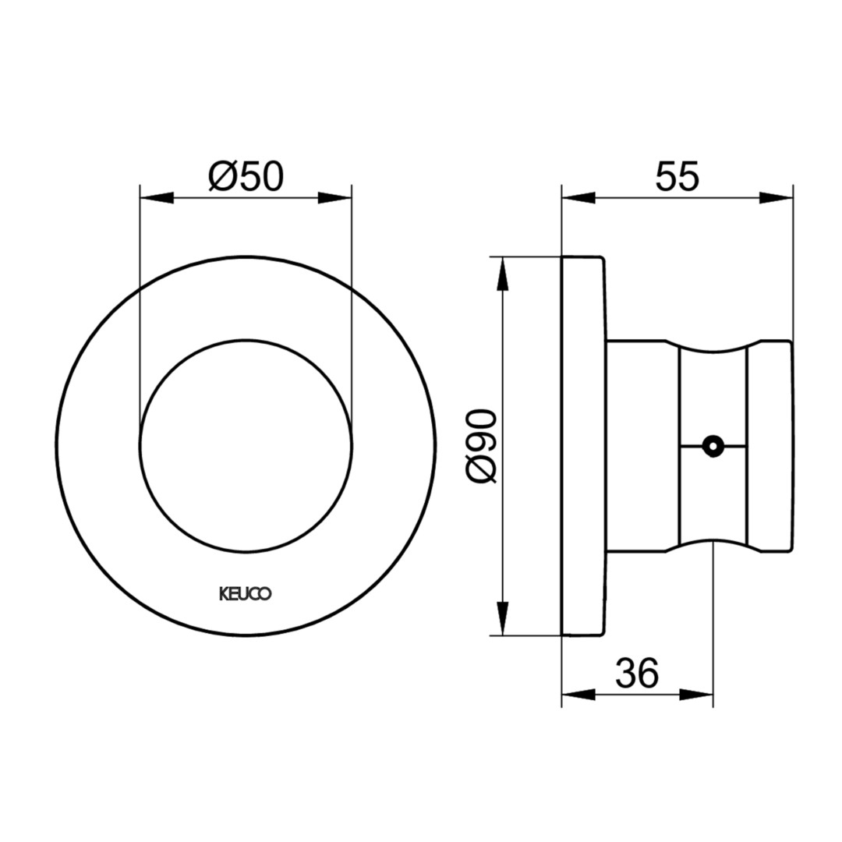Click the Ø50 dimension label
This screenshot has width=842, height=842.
tap(246, 176)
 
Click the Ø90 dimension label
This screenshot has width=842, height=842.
tap(481, 446)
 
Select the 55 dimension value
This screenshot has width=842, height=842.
tap(677, 176)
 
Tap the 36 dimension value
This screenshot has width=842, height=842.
tap(637, 673)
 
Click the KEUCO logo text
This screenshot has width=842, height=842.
tap(246, 594)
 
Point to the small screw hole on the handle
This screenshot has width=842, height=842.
tap(713, 446)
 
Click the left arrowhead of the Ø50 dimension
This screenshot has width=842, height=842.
tap(156, 198)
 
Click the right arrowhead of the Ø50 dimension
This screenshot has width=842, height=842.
tap(334, 198)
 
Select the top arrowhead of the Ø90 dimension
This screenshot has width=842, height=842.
tap(503, 274)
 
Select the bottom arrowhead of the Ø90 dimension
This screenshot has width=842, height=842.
tap(503, 618)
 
